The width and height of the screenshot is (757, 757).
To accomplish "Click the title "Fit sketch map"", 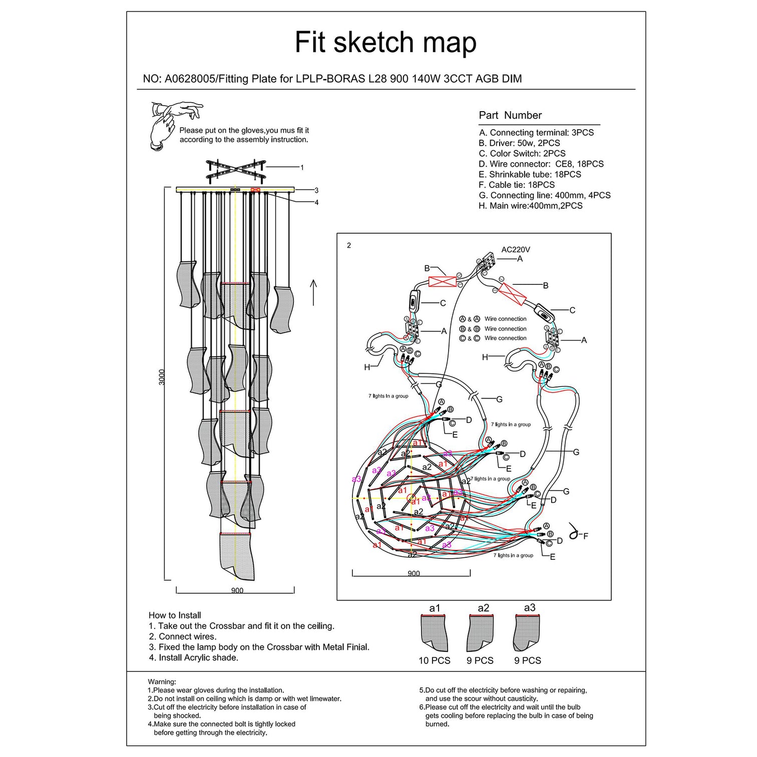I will click(x=385, y=43).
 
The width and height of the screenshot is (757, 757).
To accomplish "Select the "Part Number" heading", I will click(x=510, y=115).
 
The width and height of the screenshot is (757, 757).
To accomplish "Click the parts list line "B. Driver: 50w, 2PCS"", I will click(x=519, y=143).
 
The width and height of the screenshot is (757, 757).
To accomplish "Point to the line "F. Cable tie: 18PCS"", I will click(x=516, y=185).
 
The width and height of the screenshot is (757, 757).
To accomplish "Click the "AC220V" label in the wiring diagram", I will click(x=516, y=249).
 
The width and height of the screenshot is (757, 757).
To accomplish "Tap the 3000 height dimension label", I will click(x=161, y=377).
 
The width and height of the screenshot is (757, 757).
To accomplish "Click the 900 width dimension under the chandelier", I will click(x=237, y=591).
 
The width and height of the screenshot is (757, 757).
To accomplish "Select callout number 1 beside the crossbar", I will click(x=302, y=168).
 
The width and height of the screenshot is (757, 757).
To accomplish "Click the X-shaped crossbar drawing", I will click(x=236, y=170).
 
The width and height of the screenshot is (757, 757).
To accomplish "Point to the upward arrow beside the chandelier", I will click(x=313, y=292).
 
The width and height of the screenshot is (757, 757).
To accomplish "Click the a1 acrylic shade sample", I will click(x=434, y=633).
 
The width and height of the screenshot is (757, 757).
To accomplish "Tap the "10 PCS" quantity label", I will click(x=434, y=661).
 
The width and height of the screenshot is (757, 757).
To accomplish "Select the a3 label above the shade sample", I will click(x=529, y=608).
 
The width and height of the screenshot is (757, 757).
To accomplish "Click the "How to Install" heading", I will click(x=175, y=615).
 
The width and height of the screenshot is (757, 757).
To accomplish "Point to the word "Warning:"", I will click(x=162, y=682).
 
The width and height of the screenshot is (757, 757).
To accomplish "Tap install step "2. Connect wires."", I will click(x=182, y=637).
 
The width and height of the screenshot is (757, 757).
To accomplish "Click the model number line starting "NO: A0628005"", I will click(x=332, y=79).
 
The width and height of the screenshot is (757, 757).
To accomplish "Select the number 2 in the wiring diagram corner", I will click(x=349, y=245).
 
